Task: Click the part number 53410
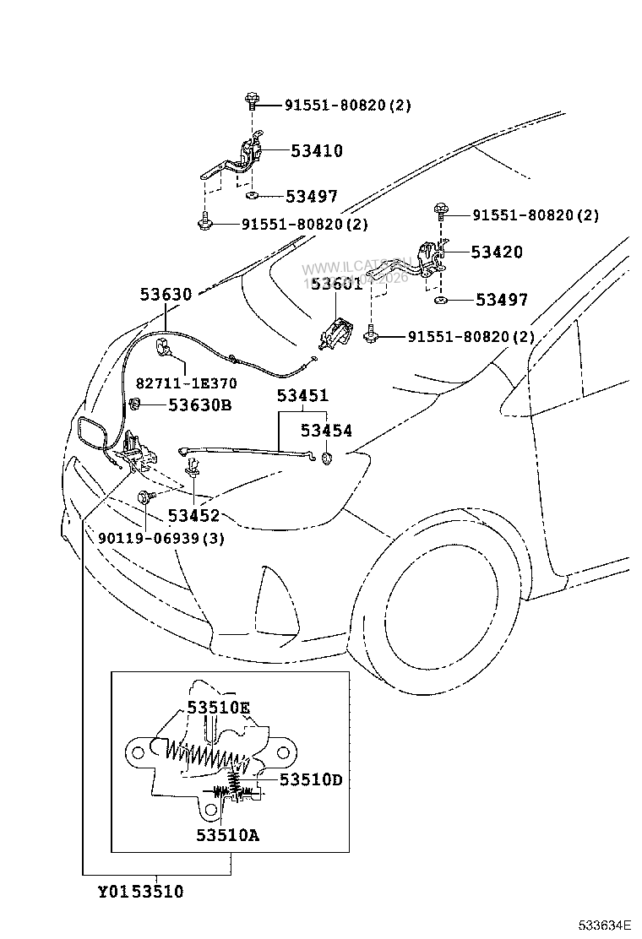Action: (317, 151)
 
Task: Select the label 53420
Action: (497, 252)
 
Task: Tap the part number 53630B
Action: (199, 404)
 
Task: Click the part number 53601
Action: (336, 284)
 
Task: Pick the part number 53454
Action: (326, 431)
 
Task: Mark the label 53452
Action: (193, 515)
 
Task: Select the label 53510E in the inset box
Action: (219, 707)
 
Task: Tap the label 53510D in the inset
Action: (311, 779)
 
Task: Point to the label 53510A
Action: (228, 835)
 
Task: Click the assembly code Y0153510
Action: (140, 892)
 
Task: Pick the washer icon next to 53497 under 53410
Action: (252, 196)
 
